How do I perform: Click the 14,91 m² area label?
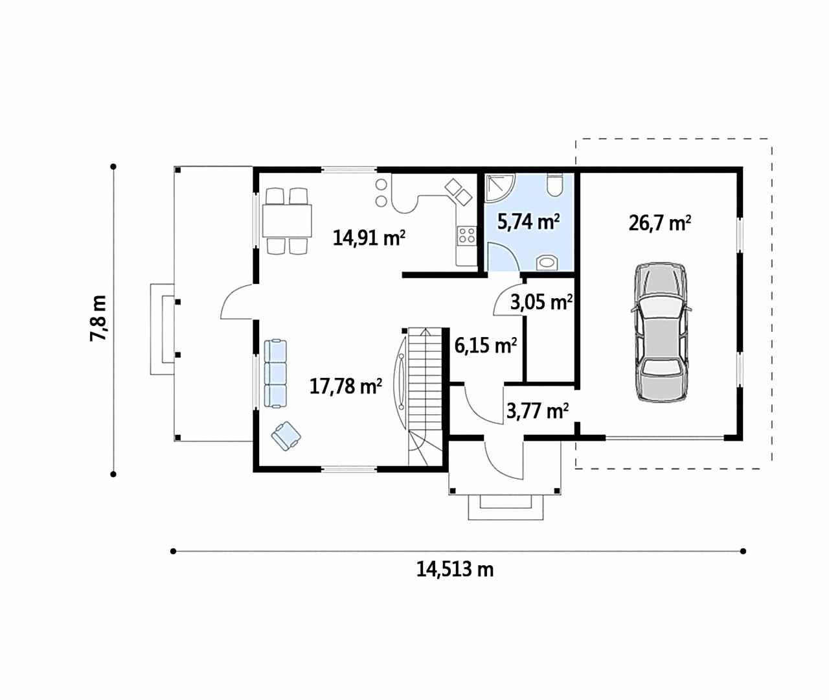369,238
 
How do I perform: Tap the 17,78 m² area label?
345,386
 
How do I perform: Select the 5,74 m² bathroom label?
528,222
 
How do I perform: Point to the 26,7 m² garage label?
659,223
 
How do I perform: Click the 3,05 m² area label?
541,303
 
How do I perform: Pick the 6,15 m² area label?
485,345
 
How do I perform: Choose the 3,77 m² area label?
537,411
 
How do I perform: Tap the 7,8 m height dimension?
98,318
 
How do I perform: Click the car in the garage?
662,332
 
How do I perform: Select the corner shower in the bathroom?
500,188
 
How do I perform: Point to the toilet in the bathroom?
554,185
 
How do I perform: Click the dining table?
287,220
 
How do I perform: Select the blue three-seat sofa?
275,373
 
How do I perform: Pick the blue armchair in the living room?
286,436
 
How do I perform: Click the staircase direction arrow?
426,333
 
